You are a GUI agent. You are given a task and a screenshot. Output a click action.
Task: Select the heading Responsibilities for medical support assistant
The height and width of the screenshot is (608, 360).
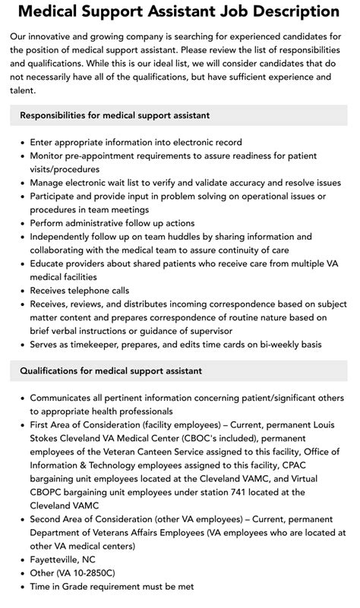tap(115, 115)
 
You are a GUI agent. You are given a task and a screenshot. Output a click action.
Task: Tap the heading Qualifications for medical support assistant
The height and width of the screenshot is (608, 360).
tap(111, 371)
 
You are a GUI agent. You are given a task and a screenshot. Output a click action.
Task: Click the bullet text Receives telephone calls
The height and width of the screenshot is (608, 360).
tap(80, 290)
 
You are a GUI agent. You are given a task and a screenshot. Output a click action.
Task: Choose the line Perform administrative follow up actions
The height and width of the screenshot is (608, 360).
tap(112, 223)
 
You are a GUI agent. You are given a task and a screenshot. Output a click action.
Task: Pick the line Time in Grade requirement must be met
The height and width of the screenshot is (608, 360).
tap(112, 587)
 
